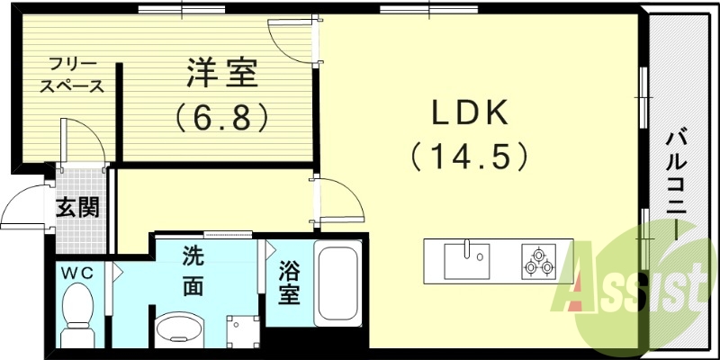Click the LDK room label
472,113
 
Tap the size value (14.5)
469,157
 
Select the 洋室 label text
223,72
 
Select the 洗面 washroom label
193,271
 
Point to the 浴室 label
287,283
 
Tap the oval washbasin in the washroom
180,329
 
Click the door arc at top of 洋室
290,38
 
